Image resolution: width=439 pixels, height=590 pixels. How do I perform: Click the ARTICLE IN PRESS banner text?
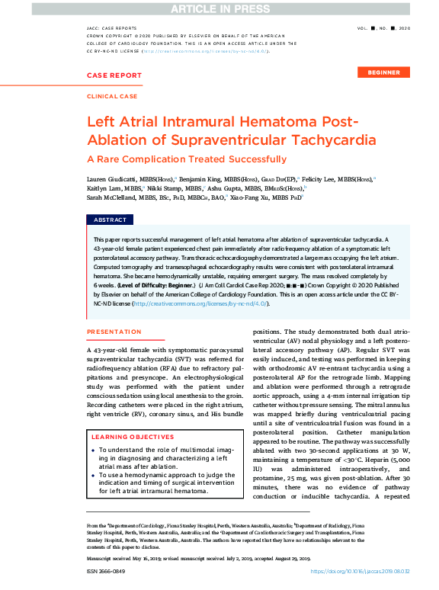point(219,8)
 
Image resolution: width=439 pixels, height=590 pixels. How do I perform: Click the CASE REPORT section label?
point(114,75)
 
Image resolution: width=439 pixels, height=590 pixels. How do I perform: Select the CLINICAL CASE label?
point(112,97)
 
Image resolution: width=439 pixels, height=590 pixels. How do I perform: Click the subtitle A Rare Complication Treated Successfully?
point(187,159)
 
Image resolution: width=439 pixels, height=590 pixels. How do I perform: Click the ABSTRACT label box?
point(110,220)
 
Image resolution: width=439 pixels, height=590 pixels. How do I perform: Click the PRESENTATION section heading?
point(114,332)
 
